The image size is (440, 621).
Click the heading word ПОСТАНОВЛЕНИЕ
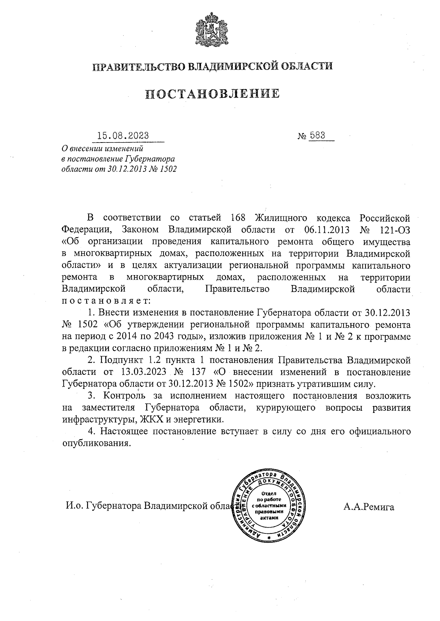coord(212,93)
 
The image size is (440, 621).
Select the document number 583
coord(318,135)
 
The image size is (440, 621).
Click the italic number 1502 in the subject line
coord(168,169)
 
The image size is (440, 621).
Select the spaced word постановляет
coord(106,301)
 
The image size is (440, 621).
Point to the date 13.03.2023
coord(141,372)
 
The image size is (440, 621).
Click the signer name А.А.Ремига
coord(369,507)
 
